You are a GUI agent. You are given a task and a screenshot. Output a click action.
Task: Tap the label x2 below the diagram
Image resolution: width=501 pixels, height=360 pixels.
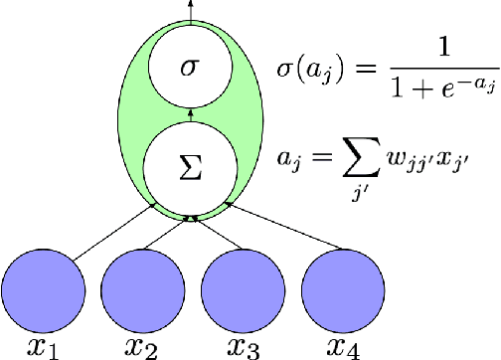(x=142, y=346)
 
